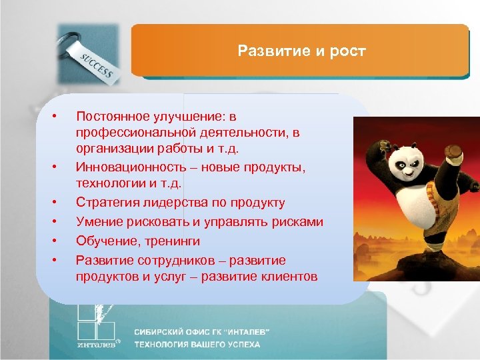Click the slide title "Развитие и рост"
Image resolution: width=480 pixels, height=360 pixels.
pyautogui.click(x=301, y=51)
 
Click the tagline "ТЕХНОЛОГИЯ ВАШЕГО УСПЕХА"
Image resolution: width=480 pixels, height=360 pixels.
pyautogui.click(x=197, y=345)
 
